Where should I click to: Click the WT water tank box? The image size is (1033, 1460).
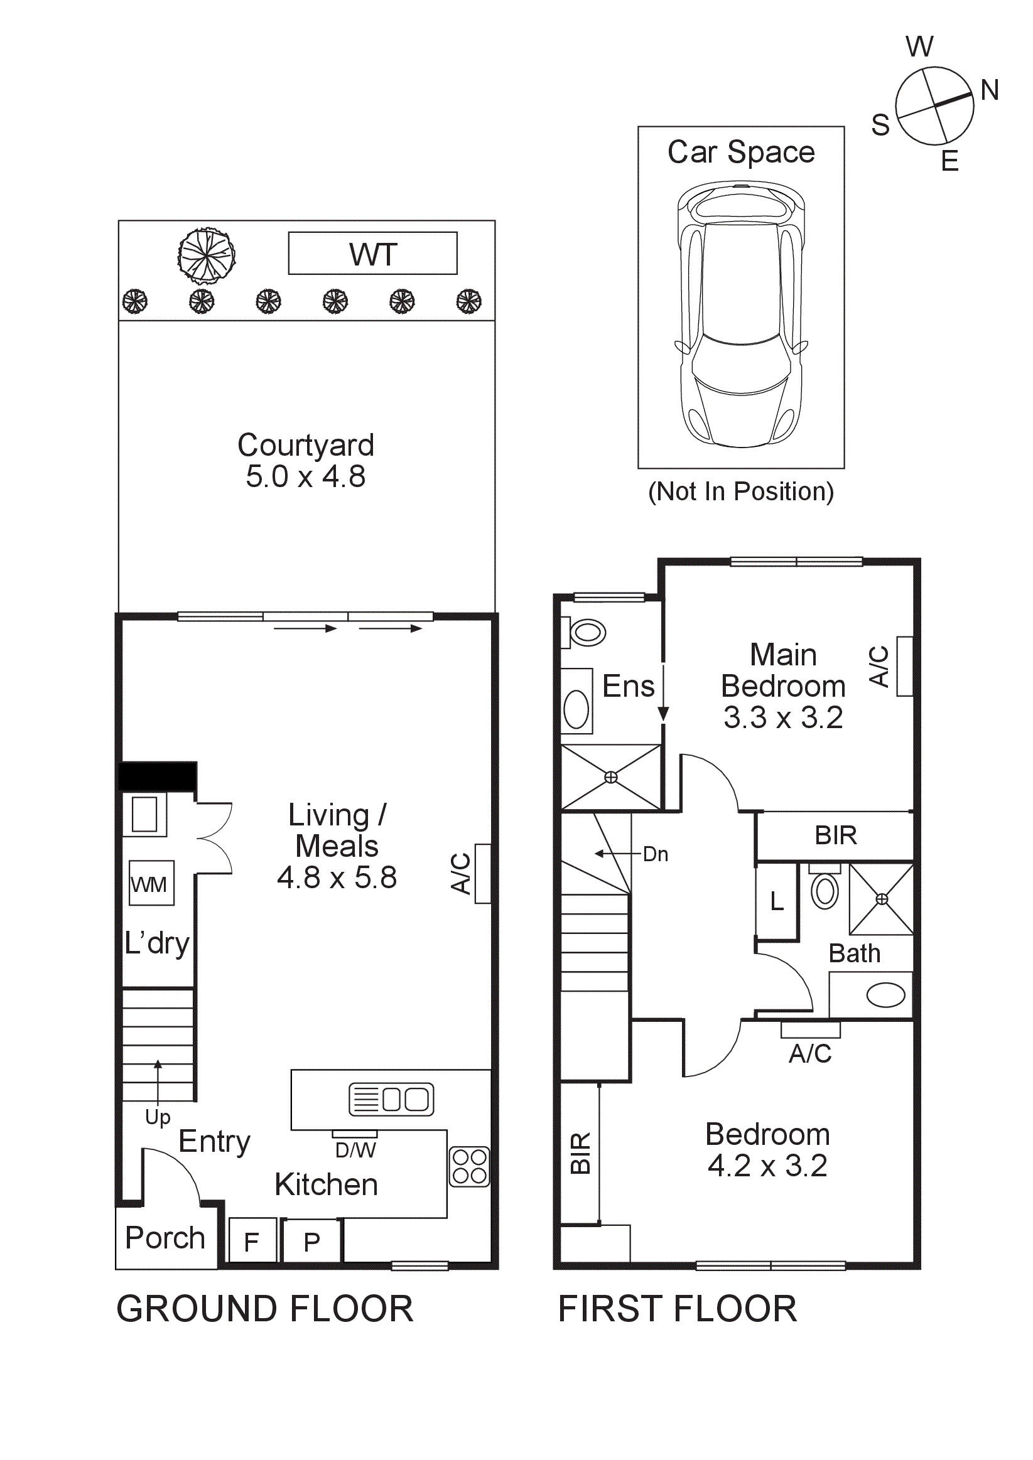click(372, 253)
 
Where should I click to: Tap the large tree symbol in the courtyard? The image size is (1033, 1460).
click(206, 255)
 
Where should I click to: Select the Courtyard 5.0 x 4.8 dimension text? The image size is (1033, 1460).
click(305, 477)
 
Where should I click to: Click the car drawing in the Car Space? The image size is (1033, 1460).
click(741, 314)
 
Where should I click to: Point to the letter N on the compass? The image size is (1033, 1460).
click(989, 90)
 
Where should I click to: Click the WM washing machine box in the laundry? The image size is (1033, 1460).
click(151, 883)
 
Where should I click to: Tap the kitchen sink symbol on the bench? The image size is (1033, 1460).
click(391, 1100)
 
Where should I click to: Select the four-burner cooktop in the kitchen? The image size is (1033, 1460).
click(470, 1167)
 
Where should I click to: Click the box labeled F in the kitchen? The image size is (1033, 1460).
click(252, 1242)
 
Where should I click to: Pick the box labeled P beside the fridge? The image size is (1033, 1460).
click(311, 1242)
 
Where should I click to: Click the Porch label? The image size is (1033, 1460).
click(165, 1237)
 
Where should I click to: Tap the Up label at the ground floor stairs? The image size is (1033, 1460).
click(157, 1117)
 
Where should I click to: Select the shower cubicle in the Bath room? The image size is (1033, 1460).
click(881, 899)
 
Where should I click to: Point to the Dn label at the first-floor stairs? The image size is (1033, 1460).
click(655, 854)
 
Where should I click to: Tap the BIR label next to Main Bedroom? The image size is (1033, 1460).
click(835, 835)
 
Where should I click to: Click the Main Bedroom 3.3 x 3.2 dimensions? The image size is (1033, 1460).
click(783, 718)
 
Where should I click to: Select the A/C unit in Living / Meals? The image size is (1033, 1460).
click(483, 873)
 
